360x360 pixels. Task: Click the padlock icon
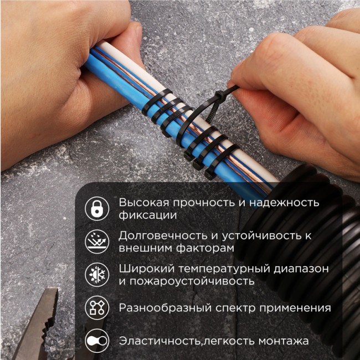96,208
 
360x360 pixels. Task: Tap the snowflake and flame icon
96,274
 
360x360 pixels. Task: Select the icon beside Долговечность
96,241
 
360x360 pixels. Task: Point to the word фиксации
147,215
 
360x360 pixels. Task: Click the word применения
297,308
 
